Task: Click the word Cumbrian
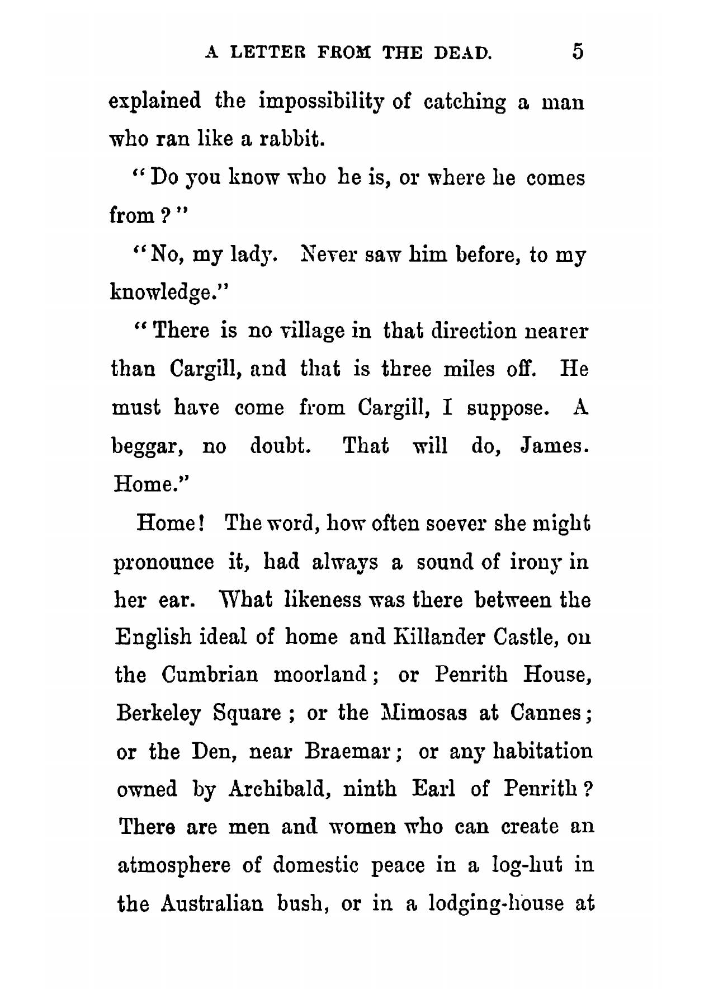pyautogui.click(x=210, y=675)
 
